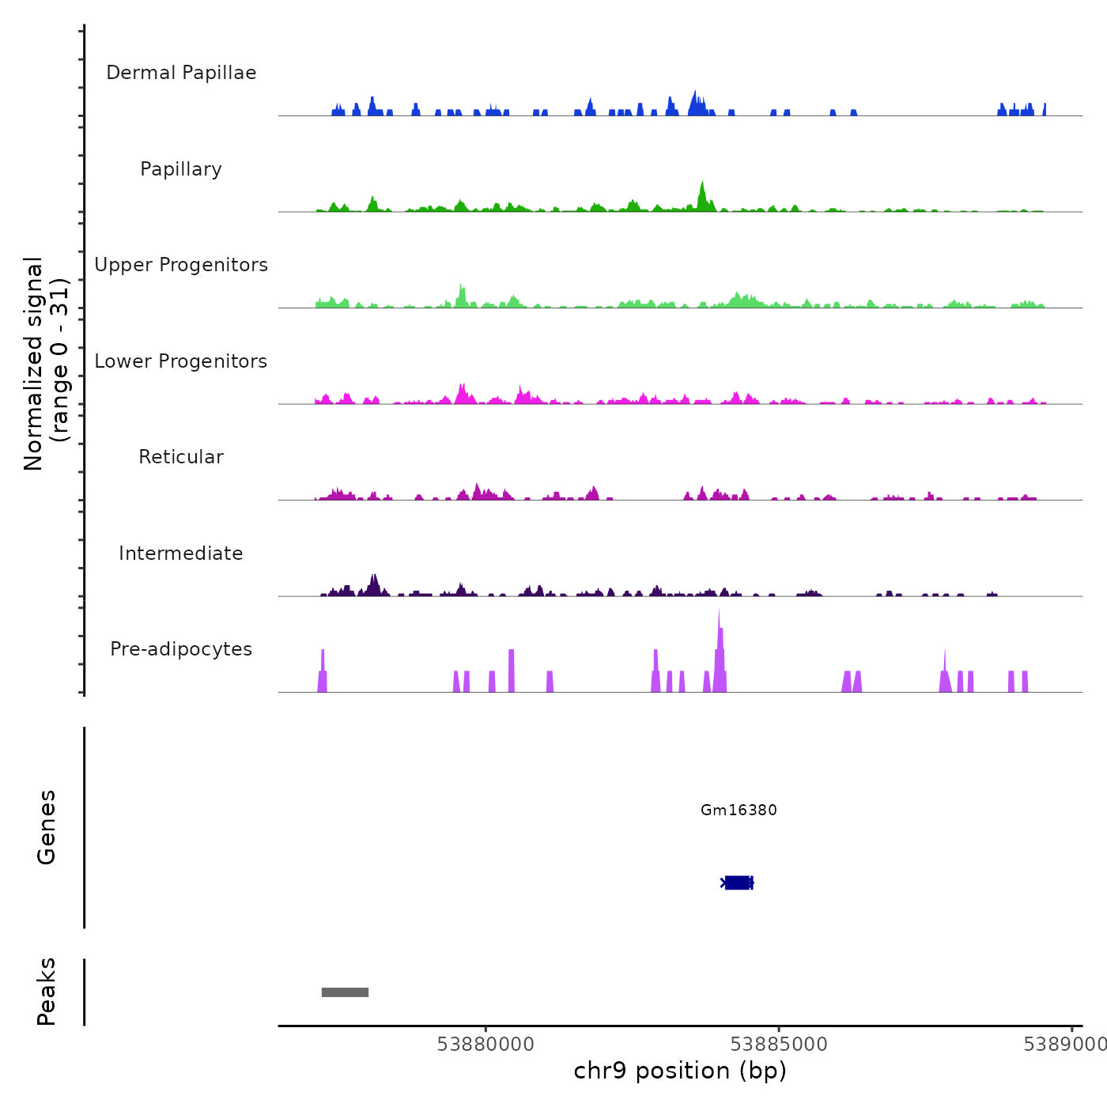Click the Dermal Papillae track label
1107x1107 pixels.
point(181,73)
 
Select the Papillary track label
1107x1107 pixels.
point(181,169)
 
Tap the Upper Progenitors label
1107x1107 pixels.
point(181,265)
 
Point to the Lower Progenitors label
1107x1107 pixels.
point(181,361)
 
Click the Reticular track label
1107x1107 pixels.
point(181,457)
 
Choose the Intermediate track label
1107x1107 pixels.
point(181,553)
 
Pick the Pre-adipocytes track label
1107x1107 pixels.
point(181,649)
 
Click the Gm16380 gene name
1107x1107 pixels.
point(739,810)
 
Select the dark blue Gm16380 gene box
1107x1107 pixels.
point(738,882)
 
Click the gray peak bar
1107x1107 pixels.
point(345,992)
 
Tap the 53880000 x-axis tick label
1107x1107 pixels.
point(485,1045)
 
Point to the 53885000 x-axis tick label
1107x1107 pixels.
point(779,1045)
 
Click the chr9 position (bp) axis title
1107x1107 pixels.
point(680,1071)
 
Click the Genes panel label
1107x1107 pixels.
point(47,827)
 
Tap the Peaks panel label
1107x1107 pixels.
point(47,992)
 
